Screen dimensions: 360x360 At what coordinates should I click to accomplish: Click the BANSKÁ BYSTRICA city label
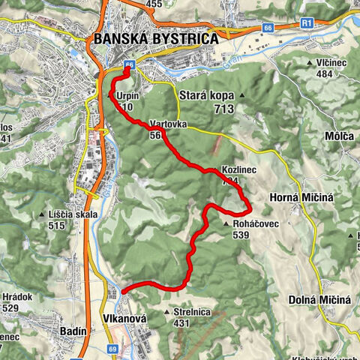click(x=155, y=38)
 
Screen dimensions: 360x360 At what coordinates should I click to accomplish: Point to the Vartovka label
click(x=167, y=123)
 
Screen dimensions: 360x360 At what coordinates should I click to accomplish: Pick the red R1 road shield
click(x=306, y=23)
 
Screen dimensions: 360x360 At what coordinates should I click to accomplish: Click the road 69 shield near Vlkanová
click(x=112, y=349)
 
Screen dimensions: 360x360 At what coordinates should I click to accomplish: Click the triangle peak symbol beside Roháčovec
click(x=226, y=223)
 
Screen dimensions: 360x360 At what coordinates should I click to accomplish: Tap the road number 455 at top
click(x=154, y=4)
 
